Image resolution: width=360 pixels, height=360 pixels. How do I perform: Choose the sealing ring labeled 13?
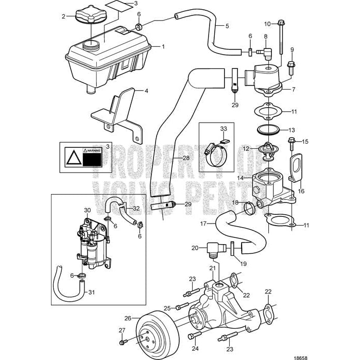pos(267,129)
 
